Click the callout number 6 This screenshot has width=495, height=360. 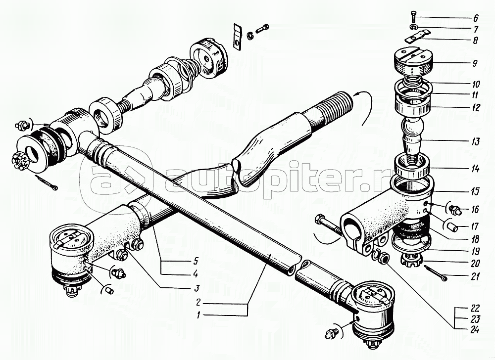(x=476, y=18)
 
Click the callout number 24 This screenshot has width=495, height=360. (x=474, y=330)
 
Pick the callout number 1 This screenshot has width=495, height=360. (x=198, y=315)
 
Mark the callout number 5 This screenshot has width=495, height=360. (x=196, y=261)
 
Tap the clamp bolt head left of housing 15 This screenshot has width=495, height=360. (x=319, y=219)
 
